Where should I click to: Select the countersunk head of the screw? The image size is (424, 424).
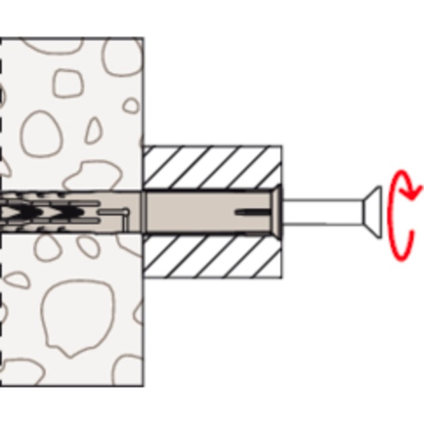(x=372, y=212)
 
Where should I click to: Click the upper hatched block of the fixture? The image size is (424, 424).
(x=212, y=167)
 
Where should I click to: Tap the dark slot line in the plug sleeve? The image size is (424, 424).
(x=252, y=213)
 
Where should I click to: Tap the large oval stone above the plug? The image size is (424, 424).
(x=42, y=135)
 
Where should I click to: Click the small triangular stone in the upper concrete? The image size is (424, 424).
(x=93, y=131)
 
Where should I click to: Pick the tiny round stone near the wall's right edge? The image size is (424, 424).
(x=131, y=106)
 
